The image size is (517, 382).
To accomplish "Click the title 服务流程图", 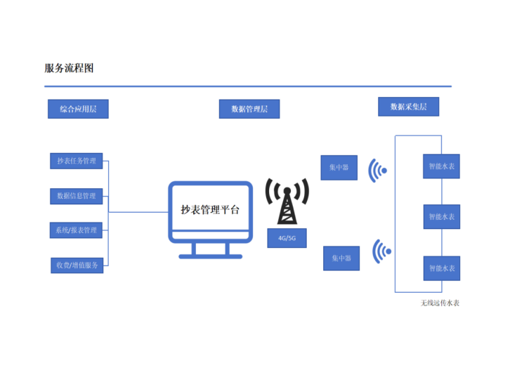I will [x=69, y=68].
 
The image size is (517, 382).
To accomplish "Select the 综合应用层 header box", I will [x=78, y=109].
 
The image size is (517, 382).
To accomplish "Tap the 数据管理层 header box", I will [x=249, y=109].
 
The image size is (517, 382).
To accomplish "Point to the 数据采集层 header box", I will [x=408, y=107].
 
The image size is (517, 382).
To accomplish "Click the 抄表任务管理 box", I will [x=77, y=161].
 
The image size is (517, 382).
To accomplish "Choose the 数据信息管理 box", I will [x=77, y=196].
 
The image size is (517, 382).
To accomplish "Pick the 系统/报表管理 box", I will [x=77, y=230].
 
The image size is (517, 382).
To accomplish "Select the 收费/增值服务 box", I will [x=77, y=265].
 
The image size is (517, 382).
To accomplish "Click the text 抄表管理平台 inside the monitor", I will [x=210, y=209].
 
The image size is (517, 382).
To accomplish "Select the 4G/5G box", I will [x=287, y=238].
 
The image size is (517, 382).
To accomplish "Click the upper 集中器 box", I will [x=339, y=168].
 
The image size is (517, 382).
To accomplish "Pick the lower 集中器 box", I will [x=341, y=258].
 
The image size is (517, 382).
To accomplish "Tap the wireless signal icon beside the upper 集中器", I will [x=378, y=169].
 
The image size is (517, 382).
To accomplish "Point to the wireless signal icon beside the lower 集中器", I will [x=380, y=251].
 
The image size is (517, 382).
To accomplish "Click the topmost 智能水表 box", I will [x=441, y=167].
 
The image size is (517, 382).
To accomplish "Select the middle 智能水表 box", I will [x=441, y=216].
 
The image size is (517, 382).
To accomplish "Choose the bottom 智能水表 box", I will [x=441, y=268].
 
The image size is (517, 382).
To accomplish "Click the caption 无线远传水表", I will [x=440, y=303].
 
